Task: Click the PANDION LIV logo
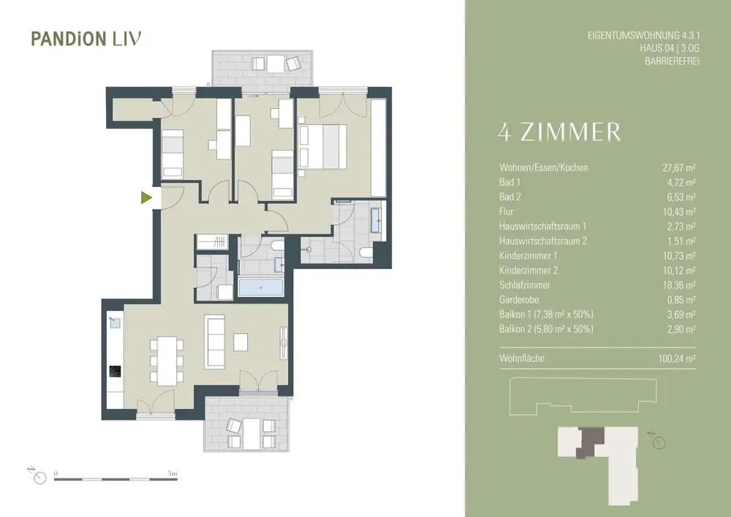click(x=86, y=39)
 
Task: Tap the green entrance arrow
click(x=147, y=198)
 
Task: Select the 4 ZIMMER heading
click(x=559, y=132)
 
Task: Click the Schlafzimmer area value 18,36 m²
click(x=679, y=285)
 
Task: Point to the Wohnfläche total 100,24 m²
click(x=674, y=358)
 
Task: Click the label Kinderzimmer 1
click(x=529, y=255)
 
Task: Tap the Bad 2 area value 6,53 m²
click(x=681, y=197)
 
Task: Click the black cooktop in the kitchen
click(x=115, y=371)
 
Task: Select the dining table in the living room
click(x=167, y=361)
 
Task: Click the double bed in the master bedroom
click(x=322, y=146)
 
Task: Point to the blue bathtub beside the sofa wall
click(x=261, y=287)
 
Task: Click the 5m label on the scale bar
click(x=173, y=473)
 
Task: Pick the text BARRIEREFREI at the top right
click(x=673, y=61)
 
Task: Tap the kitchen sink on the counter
click(x=115, y=322)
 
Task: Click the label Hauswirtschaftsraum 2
click(x=542, y=241)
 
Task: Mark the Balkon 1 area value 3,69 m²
click(x=681, y=314)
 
